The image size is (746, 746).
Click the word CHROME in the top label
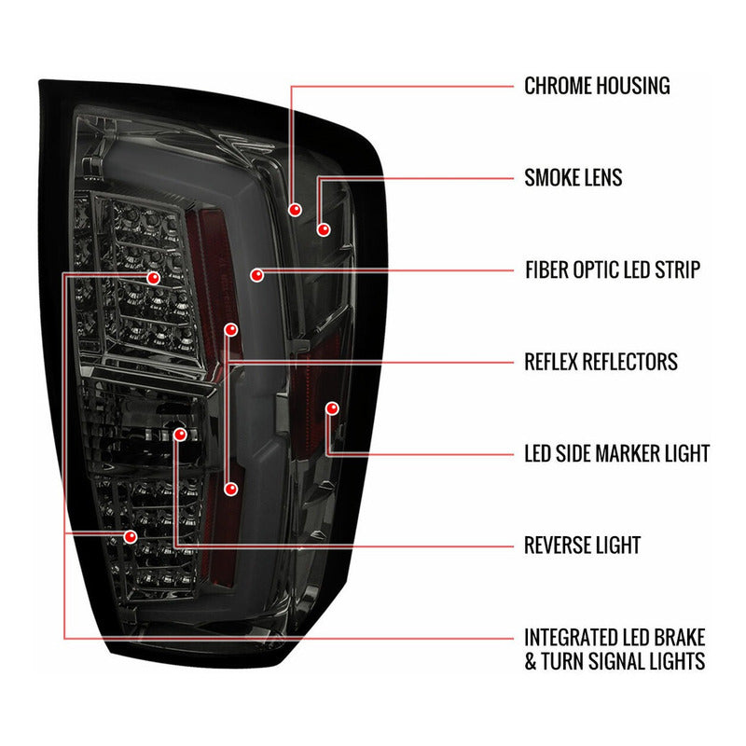(x=558, y=87)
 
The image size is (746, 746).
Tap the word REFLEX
(x=552, y=361)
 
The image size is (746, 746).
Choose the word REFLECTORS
(x=632, y=361)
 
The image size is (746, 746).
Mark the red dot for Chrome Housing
(x=296, y=211)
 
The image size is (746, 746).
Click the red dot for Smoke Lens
(x=324, y=228)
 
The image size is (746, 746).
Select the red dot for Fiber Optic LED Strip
(x=256, y=275)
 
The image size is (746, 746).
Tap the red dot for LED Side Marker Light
(x=331, y=408)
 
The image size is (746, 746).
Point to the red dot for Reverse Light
(x=179, y=435)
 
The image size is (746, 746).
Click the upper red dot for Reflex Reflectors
(x=231, y=329)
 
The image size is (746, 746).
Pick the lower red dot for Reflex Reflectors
(x=231, y=489)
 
